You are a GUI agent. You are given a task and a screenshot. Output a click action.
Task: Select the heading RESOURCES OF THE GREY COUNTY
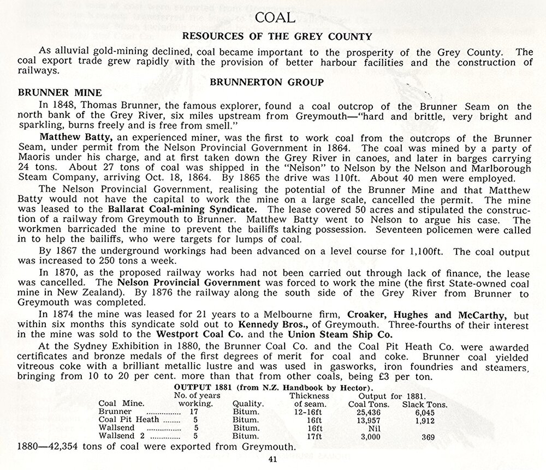pyautogui.click(x=277, y=37)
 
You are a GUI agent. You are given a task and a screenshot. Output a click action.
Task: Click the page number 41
pyautogui.click(x=273, y=459)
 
